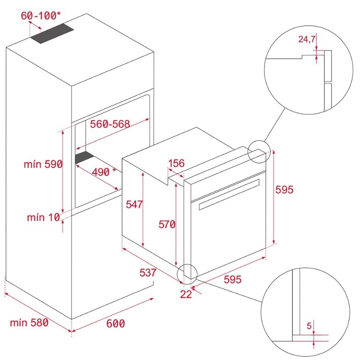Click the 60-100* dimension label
point(41,16)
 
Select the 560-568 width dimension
point(110,124)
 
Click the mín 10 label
point(44,217)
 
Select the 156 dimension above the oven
point(176,163)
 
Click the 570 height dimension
point(167,224)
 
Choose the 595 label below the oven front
point(232,279)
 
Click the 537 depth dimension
point(147,272)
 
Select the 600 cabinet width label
point(116,323)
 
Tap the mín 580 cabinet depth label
point(29,322)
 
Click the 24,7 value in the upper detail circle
point(307,39)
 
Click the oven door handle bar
point(228,194)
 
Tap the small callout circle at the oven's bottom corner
point(188,273)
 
